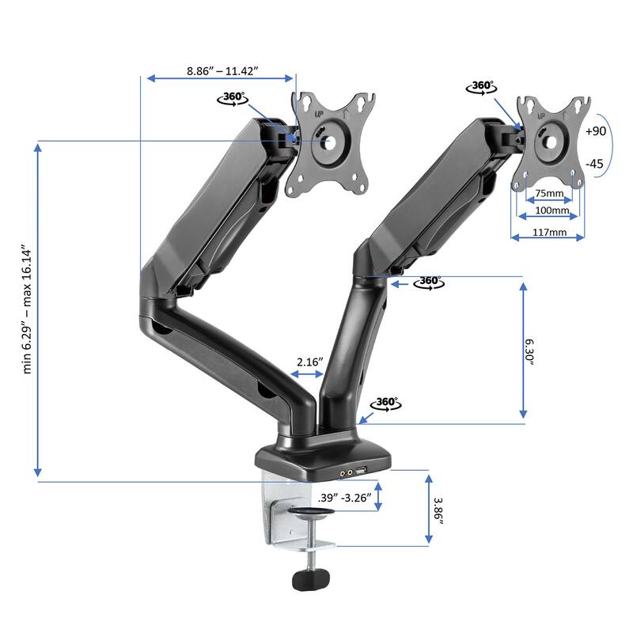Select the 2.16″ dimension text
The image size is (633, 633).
click(x=309, y=362)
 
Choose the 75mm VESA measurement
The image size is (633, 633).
click(x=549, y=194)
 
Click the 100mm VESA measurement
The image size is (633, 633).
click(x=549, y=211)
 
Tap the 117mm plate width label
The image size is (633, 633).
click(x=549, y=233)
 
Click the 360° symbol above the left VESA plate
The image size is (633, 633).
click(x=233, y=98)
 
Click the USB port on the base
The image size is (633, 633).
click(x=361, y=472)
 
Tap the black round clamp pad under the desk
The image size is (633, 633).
click(x=310, y=515)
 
